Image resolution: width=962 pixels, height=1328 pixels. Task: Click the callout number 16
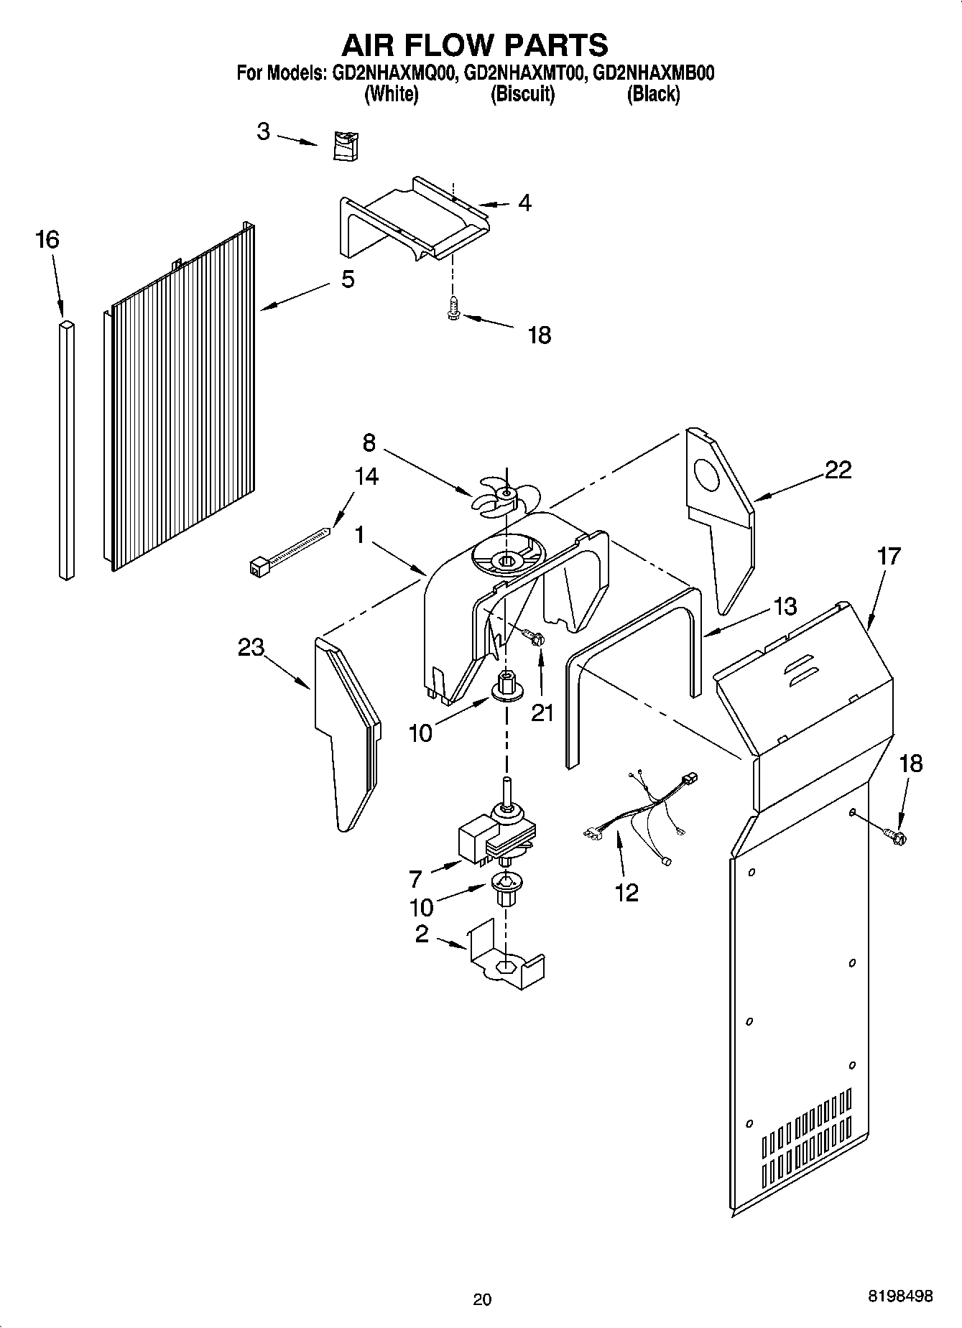pyautogui.click(x=47, y=239)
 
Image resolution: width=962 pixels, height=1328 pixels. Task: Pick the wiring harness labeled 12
pyautogui.click(x=639, y=815)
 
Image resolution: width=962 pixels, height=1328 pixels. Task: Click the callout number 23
pyautogui.click(x=251, y=647)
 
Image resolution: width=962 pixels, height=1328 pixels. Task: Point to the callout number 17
pyautogui.click(x=889, y=556)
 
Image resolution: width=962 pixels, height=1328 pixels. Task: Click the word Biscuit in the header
pyautogui.click(x=522, y=94)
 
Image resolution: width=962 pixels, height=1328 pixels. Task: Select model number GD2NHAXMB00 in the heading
pyautogui.click(x=654, y=73)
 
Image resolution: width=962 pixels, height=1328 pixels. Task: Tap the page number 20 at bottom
pyautogui.click(x=482, y=1299)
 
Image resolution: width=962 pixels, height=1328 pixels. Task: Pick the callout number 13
pyautogui.click(x=787, y=606)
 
